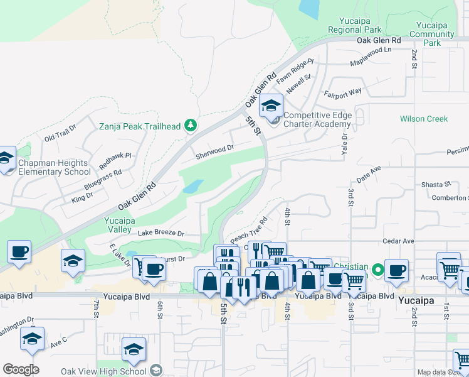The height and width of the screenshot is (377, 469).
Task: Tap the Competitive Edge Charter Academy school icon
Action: click(271, 106)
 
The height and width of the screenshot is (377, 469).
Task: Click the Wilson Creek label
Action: click(424, 119)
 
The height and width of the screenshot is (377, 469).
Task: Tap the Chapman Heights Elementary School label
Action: click(54, 167)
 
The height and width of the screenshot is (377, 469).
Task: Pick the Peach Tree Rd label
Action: click(249, 231)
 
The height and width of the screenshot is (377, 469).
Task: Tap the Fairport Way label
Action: click(343, 92)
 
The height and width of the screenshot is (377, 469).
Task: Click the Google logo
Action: click(21, 369)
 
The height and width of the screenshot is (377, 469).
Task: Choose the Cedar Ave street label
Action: click(399, 241)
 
